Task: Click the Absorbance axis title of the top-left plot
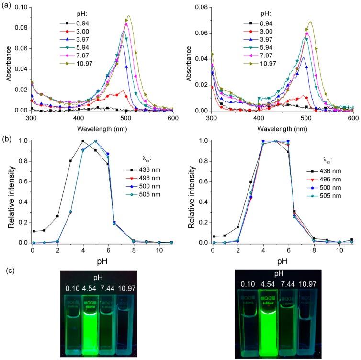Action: (5, 59)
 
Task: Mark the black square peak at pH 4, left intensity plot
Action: (83, 141)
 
